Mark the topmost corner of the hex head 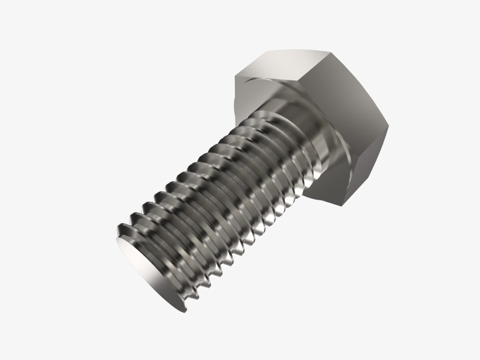[268, 50]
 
